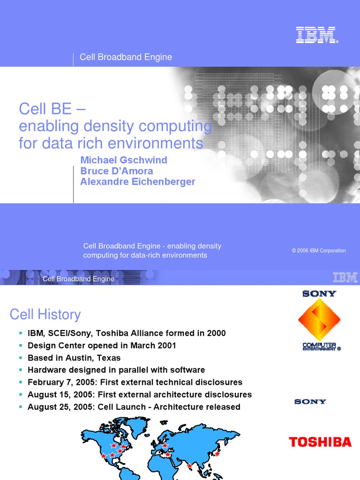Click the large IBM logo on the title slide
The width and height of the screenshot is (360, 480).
coord(316,35)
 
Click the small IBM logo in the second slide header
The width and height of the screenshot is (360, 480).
coord(345,278)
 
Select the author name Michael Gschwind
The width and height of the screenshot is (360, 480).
coord(124,160)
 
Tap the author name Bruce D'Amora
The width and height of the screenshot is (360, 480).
coord(117,171)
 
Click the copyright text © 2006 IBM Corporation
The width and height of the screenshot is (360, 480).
coord(319,251)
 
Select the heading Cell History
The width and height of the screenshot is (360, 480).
coord(45,314)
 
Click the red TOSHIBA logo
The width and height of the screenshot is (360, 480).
coord(320,442)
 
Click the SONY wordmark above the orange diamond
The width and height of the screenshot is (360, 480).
coord(319,294)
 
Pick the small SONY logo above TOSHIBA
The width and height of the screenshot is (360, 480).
coord(310,402)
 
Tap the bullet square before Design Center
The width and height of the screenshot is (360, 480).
coord(21,346)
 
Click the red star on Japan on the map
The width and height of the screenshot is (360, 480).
coord(217,453)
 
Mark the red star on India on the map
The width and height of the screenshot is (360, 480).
coord(189,465)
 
